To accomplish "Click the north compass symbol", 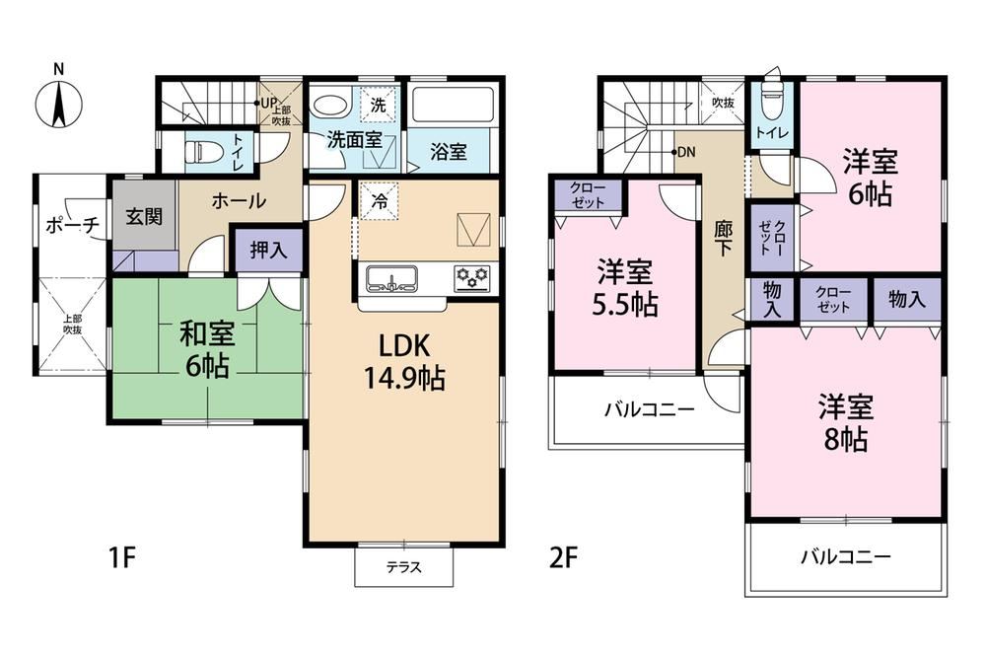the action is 58,104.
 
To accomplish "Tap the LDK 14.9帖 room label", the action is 405,362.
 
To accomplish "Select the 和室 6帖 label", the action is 207,350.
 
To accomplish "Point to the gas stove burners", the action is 473,278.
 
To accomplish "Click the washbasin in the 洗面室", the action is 330,106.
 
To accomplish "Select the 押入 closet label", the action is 268,251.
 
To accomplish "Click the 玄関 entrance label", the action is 144,216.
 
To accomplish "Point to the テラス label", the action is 403,567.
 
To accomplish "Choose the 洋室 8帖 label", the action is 846,423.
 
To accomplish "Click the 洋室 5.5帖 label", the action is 625,288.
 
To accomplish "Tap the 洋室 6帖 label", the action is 871,178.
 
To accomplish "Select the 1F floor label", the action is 122,557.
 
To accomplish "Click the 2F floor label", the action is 563,557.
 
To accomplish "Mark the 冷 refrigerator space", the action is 380,201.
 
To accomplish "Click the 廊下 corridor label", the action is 723,239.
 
